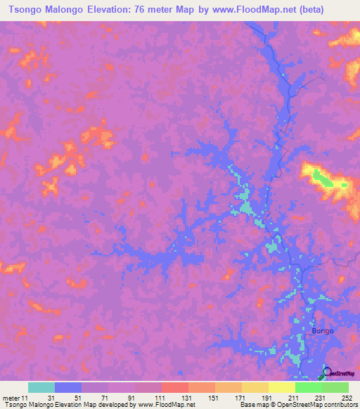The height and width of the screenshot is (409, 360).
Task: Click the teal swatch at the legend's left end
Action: coord(41,387)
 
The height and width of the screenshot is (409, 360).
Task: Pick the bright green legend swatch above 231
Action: coord(309,387)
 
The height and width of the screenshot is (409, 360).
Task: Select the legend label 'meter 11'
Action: coord(16,398)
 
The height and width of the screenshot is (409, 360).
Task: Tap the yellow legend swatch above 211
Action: coord(282,387)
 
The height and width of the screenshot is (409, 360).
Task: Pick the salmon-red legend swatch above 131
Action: coord(175,387)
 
